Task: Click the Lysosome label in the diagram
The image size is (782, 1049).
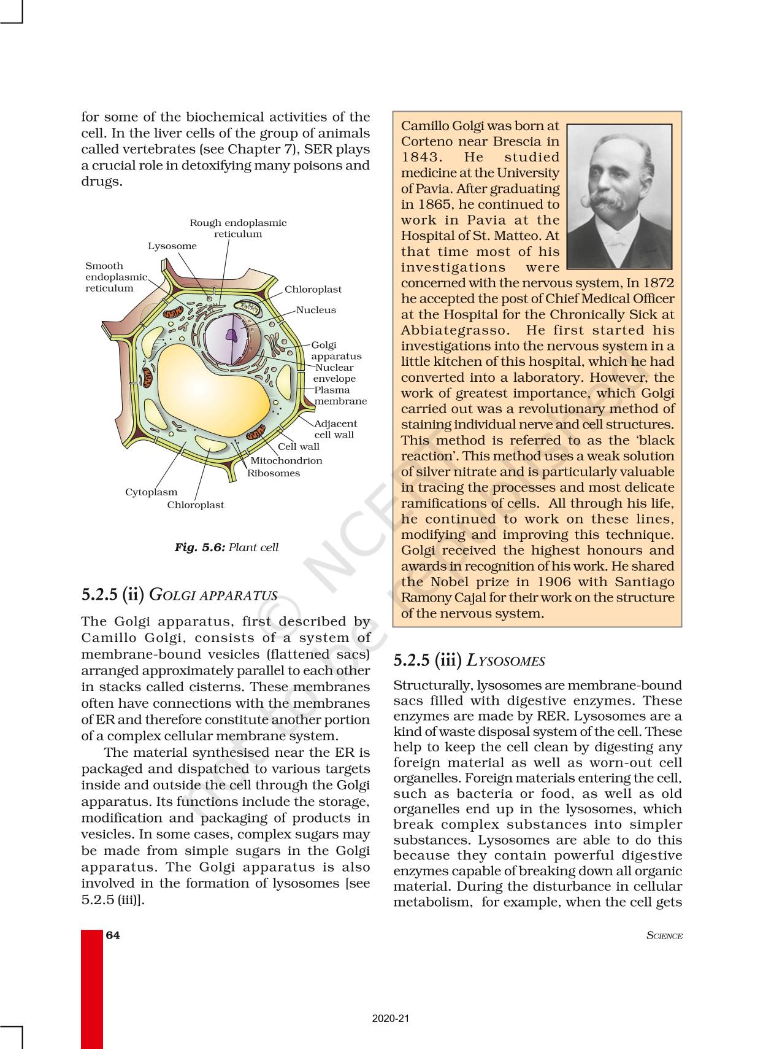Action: pos(172,246)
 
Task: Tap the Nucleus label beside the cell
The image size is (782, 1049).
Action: pos(316,310)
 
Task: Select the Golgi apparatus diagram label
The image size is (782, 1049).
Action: pos(336,350)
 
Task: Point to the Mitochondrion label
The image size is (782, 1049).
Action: pos(286,460)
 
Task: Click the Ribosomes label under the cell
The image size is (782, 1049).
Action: pos(274,473)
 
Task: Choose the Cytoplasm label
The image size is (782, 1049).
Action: pos(151,492)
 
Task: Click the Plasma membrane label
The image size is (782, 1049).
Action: pos(340,395)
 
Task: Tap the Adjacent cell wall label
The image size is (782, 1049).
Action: pos(335,429)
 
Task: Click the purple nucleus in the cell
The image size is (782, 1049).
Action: pos(231,335)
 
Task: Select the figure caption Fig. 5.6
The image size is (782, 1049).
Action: pos(226,547)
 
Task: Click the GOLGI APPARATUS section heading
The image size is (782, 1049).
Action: pos(213,595)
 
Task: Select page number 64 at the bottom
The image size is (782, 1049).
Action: pos(113,935)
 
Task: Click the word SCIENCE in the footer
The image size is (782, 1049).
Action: pos(664,936)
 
